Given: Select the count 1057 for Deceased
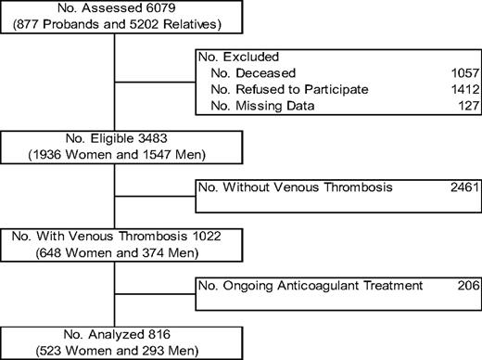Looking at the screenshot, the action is pyautogui.click(x=463, y=72).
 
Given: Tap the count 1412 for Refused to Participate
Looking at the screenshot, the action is pyautogui.click(x=463, y=89).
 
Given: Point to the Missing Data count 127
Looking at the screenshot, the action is pyautogui.click(x=466, y=106).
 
